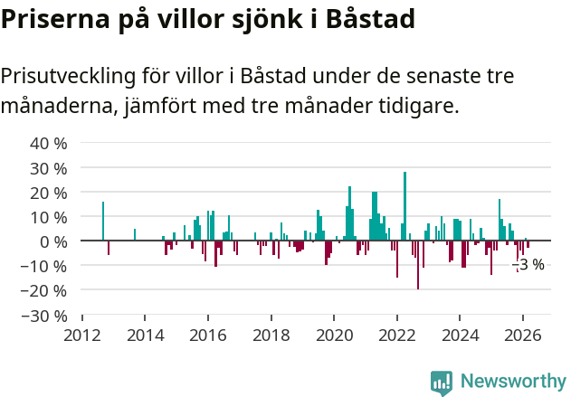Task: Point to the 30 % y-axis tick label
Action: tap(49, 168)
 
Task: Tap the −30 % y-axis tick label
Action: tap(45, 316)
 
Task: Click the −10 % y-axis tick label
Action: tap(45, 266)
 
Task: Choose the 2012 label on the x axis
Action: tap(82, 335)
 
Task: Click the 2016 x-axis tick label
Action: tap(208, 335)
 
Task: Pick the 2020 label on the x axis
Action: tap(334, 335)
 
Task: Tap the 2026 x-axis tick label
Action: tap(522, 335)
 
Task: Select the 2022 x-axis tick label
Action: tap(396, 335)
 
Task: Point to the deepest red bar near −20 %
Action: tap(417, 265)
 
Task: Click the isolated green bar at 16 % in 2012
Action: tap(103, 222)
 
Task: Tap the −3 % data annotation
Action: tap(529, 264)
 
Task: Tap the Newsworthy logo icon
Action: tap(442, 383)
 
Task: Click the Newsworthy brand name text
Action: tap(513, 383)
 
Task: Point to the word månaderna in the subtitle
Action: tap(57, 106)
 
